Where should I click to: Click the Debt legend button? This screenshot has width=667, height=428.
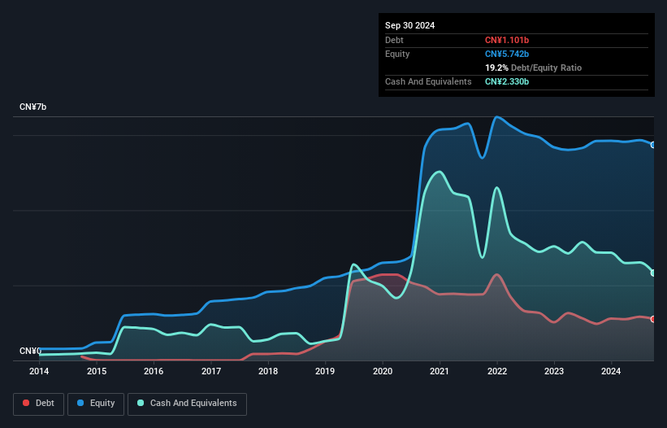[x=37, y=404]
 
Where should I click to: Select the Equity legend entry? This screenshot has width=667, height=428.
[x=97, y=404]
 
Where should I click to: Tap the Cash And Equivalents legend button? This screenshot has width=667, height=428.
[x=187, y=404]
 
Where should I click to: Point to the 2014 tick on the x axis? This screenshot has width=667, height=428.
[x=39, y=371]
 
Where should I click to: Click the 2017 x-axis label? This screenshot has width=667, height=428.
[x=211, y=371]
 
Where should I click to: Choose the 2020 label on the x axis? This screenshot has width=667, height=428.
[x=383, y=371]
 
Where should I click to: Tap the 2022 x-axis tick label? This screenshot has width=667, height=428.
[x=497, y=371]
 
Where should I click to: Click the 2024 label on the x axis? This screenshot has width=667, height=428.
[x=612, y=371]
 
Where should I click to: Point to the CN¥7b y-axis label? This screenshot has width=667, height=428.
[x=33, y=107]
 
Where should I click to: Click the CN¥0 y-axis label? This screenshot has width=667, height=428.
[x=30, y=352]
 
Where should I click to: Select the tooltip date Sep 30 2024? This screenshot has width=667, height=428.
[x=410, y=25]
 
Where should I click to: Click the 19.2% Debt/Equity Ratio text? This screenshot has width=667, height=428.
[x=533, y=68]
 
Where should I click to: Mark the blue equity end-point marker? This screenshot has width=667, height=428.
[x=653, y=145]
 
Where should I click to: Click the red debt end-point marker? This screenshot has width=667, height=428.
[x=653, y=319]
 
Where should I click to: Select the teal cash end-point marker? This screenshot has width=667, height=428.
[x=653, y=273]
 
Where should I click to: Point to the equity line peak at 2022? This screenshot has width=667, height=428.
[x=496, y=117]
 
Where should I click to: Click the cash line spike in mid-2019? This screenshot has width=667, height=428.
[x=353, y=264]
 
